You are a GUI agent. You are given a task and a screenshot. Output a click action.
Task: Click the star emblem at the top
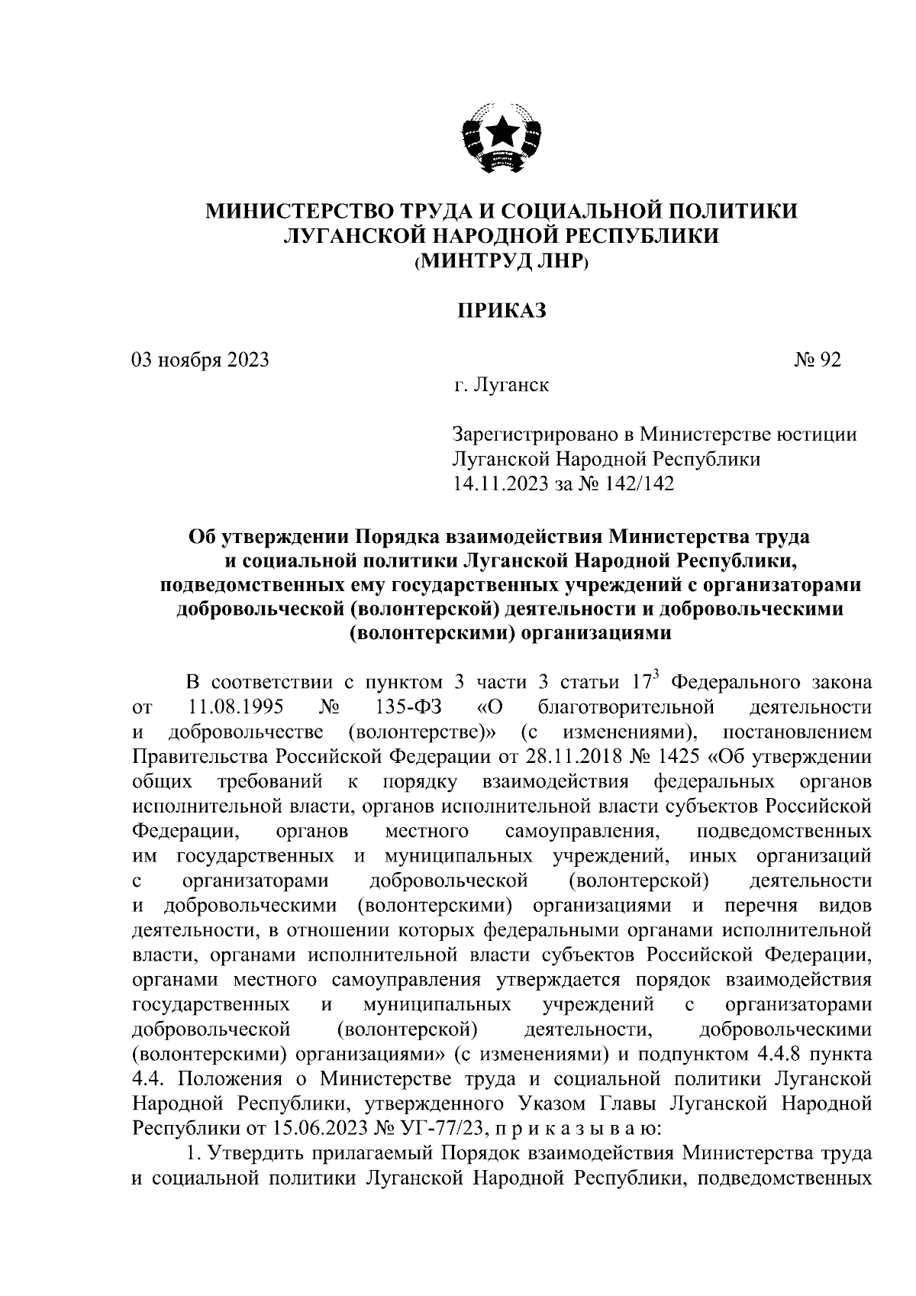(x=502, y=135)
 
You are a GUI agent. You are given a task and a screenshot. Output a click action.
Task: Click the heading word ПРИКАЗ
(x=502, y=312)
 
